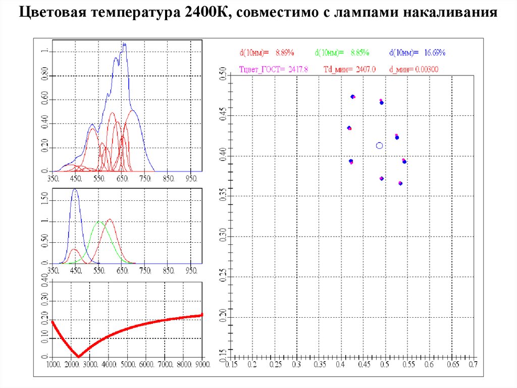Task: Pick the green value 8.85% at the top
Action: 359,52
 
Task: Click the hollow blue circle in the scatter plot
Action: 380,146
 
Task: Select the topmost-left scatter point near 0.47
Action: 353,97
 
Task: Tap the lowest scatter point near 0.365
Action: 400,183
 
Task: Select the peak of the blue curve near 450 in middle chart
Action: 75,190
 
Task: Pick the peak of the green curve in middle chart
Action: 99,222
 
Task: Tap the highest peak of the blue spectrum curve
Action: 124,44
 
